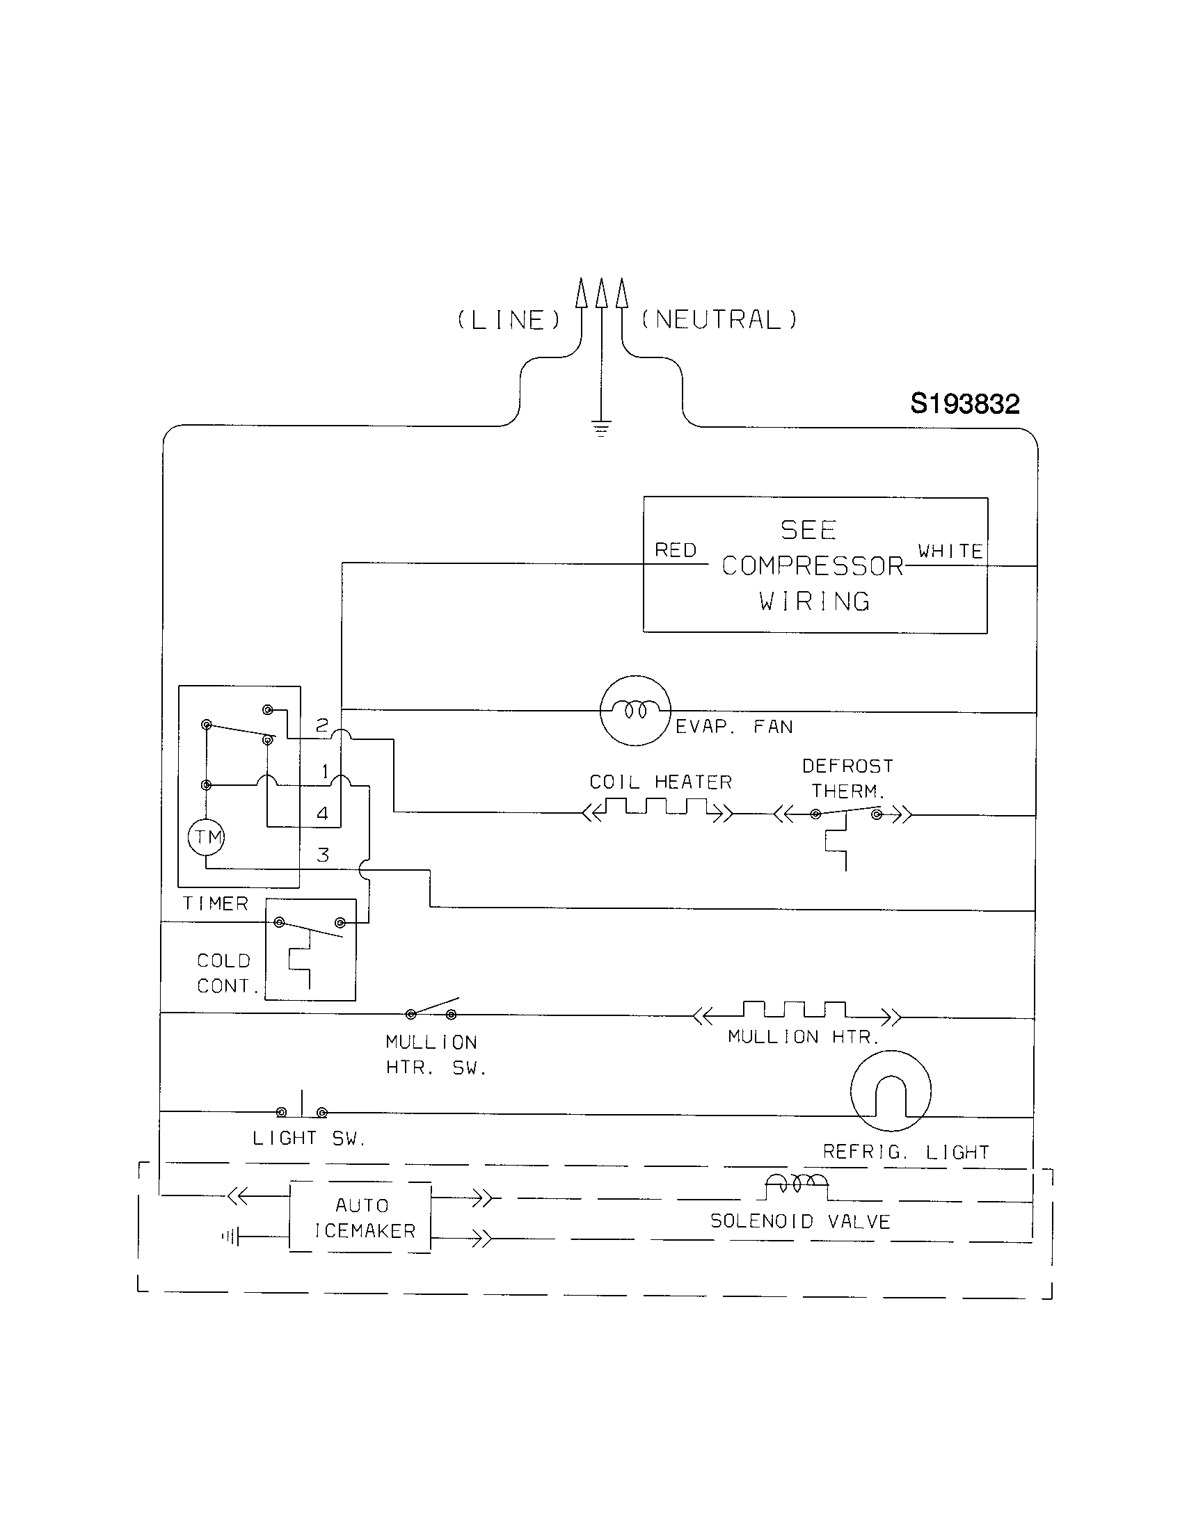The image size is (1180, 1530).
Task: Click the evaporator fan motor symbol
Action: (x=635, y=710)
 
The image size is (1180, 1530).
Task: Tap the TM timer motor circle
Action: (x=206, y=837)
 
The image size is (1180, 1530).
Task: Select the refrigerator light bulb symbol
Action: (x=891, y=1090)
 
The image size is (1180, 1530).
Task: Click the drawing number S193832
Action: (x=965, y=404)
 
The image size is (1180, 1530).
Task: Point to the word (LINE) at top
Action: (x=509, y=320)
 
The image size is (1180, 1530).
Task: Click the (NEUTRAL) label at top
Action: (x=719, y=320)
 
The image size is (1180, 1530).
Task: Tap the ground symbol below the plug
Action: (x=601, y=428)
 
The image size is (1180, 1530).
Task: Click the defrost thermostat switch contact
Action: (x=846, y=812)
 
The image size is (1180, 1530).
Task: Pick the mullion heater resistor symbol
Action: (x=796, y=1012)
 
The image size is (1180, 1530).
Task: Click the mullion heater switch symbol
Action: (x=431, y=1010)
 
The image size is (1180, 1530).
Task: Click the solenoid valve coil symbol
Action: (x=797, y=1184)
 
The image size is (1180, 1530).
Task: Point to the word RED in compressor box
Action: (x=676, y=550)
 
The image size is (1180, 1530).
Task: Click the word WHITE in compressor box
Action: (x=950, y=551)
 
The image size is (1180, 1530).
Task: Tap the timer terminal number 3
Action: (x=323, y=855)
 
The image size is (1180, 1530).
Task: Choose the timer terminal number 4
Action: (x=322, y=814)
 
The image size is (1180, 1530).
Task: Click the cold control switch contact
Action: (x=310, y=926)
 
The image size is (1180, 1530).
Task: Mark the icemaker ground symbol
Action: (x=231, y=1237)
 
